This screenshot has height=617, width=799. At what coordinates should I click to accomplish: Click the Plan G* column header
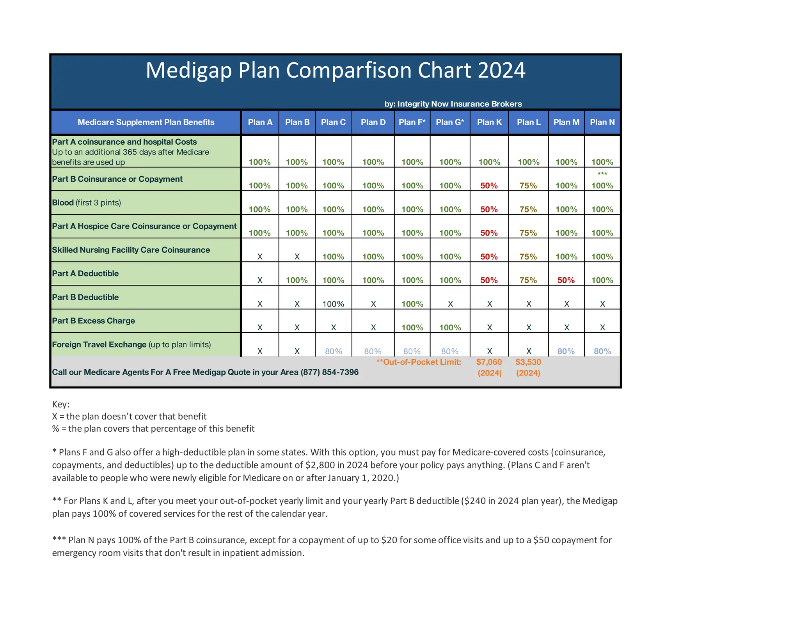pyautogui.click(x=450, y=122)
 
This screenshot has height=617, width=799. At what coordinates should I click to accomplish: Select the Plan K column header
pyautogui.click(x=489, y=122)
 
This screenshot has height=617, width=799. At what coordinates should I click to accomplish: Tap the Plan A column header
pyautogui.click(x=260, y=122)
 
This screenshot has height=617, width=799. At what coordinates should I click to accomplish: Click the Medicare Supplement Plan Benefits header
pyautogui.click(x=146, y=122)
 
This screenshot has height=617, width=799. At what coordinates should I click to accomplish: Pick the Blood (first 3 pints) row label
pyautogui.click(x=87, y=202)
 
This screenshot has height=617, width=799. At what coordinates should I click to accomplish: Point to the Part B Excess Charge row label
pyautogui.click(x=94, y=321)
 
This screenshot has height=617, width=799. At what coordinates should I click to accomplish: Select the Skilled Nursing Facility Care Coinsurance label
pyautogui.click(x=131, y=250)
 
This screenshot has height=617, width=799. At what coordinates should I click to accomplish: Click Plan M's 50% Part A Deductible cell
pyautogui.click(x=566, y=280)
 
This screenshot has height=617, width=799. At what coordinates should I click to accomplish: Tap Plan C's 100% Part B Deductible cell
pyautogui.click(x=333, y=304)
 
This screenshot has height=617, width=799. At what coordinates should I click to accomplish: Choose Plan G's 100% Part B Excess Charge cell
pyautogui.click(x=450, y=328)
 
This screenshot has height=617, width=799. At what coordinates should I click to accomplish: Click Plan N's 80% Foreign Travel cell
pyautogui.click(x=602, y=351)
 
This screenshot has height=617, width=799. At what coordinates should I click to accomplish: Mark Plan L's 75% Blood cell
pyautogui.click(x=528, y=209)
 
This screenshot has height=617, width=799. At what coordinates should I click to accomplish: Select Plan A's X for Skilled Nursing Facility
pyautogui.click(x=260, y=257)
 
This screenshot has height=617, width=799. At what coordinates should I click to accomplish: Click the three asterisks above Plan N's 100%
pyautogui.click(x=602, y=174)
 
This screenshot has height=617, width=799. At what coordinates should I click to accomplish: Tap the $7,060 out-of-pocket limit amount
pyautogui.click(x=489, y=362)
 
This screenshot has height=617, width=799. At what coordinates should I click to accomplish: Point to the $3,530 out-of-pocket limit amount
pyautogui.click(x=528, y=362)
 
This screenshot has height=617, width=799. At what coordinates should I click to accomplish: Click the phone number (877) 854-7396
pyautogui.click(x=329, y=372)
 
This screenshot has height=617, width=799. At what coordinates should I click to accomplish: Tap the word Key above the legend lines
pyautogui.click(x=60, y=404)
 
